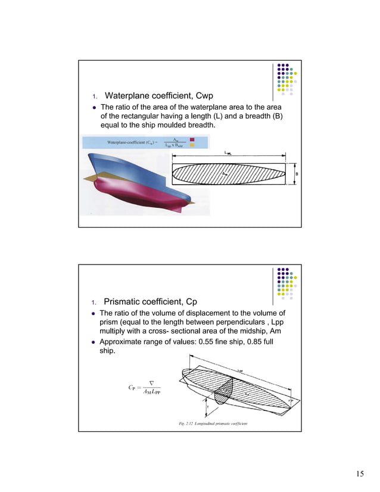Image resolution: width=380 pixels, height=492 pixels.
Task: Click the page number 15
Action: [x=360, y=473]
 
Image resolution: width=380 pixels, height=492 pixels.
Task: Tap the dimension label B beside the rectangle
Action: [x=297, y=174]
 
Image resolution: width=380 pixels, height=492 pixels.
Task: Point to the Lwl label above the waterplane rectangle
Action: [x=229, y=153]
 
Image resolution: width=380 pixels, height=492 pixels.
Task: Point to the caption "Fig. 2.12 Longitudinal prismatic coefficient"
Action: [x=213, y=424]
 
